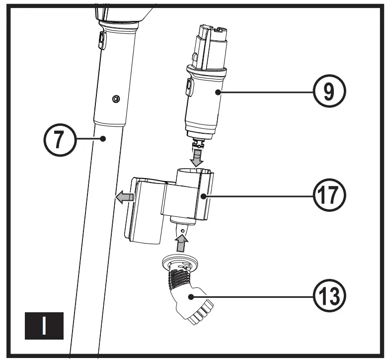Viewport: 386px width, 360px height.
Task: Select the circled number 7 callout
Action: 59,140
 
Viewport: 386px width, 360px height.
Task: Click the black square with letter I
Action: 45,326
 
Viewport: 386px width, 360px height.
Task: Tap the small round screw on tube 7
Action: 116,99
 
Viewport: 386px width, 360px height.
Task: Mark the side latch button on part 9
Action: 189,87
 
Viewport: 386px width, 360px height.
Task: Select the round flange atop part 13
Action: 181,263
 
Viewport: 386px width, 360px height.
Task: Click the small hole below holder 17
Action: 183,231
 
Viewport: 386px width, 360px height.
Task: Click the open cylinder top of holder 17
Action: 194,174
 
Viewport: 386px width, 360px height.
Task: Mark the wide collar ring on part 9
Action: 206,71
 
